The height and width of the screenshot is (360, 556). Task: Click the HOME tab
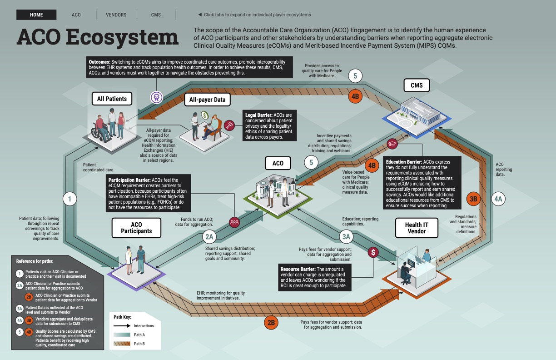[36, 15]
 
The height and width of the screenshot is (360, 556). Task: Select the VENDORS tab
[116, 15]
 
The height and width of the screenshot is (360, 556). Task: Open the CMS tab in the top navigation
[156, 15]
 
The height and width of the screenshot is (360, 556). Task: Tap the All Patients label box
[112, 99]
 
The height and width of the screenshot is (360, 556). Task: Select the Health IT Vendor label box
[417, 228]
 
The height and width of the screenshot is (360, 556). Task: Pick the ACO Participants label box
[136, 228]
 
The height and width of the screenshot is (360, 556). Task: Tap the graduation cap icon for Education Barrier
[392, 144]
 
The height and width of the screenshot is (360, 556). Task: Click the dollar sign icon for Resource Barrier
[372, 252]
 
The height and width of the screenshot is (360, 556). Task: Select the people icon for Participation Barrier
[234, 222]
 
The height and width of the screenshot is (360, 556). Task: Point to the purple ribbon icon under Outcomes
[157, 96]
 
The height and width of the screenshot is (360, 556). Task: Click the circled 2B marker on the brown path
[271, 323]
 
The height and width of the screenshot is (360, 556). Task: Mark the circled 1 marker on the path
[69, 199]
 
